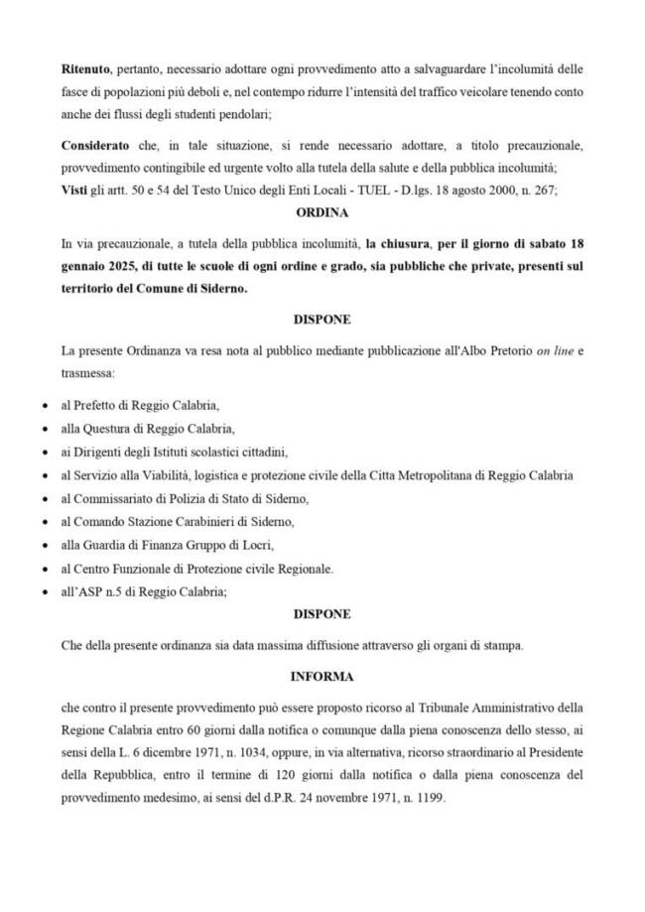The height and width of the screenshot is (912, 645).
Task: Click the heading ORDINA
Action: point(322,212)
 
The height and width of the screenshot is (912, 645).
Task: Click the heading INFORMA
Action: point(322,676)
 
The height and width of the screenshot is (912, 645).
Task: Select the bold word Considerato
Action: point(97,146)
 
